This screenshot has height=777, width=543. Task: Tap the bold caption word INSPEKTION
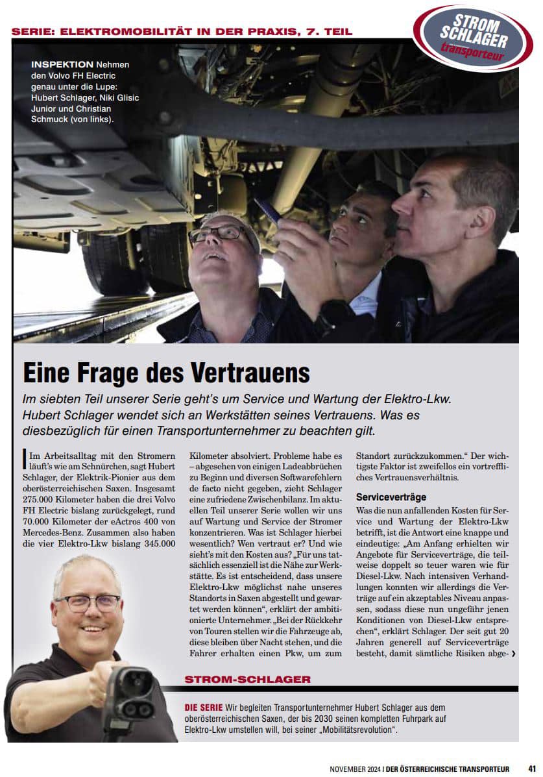[62, 65]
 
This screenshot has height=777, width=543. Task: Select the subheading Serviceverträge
[391, 497]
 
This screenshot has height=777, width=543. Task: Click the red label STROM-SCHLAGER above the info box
[247, 679]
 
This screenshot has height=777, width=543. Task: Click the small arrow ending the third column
[513, 654]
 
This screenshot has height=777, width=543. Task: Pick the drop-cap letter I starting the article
[25, 458]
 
